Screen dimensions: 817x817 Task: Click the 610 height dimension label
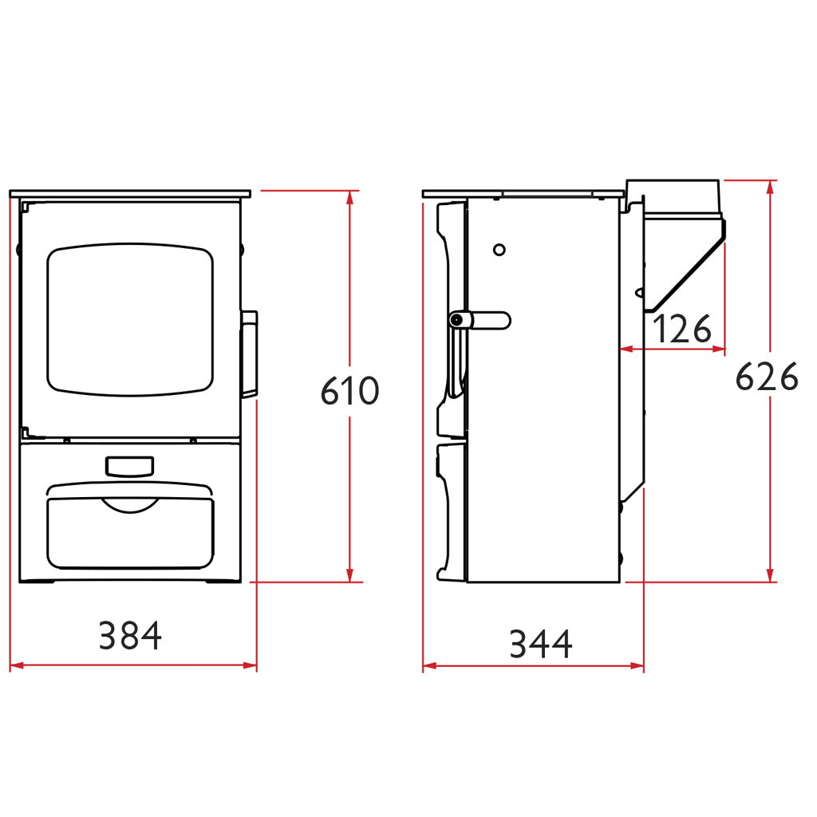(349, 391)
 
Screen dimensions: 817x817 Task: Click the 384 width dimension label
(130, 636)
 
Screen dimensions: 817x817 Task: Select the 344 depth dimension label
(541, 644)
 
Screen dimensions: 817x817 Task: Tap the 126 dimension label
(682, 329)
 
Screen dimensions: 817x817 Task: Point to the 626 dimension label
(767, 377)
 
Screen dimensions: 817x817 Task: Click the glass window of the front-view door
(130, 319)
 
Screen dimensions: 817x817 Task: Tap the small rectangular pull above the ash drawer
(130, 467)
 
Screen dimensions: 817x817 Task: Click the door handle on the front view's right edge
(249, 354)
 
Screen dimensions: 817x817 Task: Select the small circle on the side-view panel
(499, 250)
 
